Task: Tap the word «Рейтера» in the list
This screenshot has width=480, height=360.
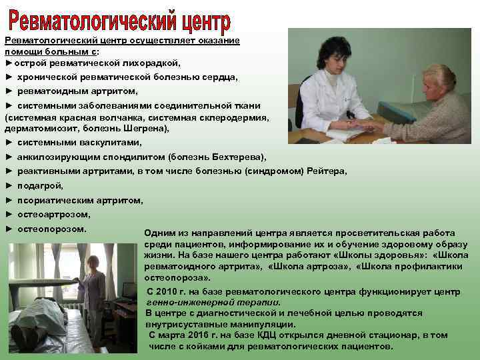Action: (327, 171)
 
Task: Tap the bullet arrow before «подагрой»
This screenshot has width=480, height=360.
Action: (9, 185)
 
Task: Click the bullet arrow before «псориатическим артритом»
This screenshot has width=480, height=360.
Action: (9, 200)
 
